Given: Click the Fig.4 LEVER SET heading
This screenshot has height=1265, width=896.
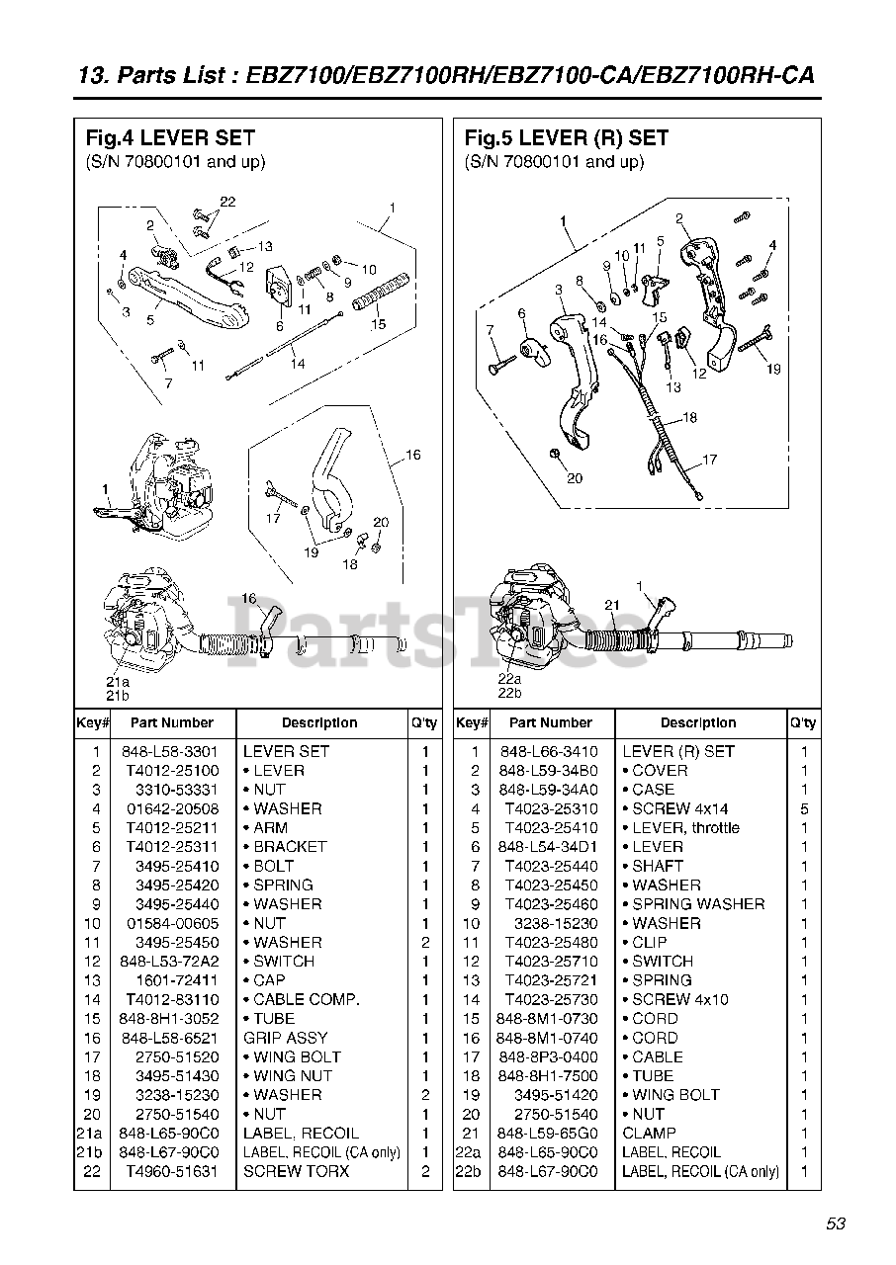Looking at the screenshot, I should pyautogui.click(x=169, y=138).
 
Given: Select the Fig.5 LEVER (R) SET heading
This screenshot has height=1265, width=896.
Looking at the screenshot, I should pyautogui.click(x=566, y=138).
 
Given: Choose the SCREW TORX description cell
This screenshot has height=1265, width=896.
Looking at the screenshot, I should pyautogui.click(x=296, y=1171).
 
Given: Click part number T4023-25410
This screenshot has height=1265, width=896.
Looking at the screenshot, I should pyautogui.click(x=551, y=828).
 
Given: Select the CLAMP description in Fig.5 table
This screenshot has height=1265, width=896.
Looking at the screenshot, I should pyautogui.click(x=649, y=1134).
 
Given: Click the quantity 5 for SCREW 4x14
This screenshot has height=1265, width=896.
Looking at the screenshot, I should pyautogui.click(x=804, y=808).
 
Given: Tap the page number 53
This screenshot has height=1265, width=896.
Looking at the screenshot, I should pyautogui.click(x=836, y=1224).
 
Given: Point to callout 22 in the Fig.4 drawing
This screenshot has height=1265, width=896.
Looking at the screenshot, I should pyautogui.click(x=227, y=202).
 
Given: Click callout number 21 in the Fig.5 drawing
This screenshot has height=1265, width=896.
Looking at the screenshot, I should pyautogui.click(x=612, y=605).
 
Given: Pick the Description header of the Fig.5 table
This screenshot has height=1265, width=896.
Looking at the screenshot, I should pyautogui.click(x=698, y=722).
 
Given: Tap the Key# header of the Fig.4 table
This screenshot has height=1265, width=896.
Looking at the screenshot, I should pyautogui.click(x=92, y=722).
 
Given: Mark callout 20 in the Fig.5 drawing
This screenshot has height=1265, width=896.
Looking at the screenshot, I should pyautogui.click(x=575, y=478).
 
